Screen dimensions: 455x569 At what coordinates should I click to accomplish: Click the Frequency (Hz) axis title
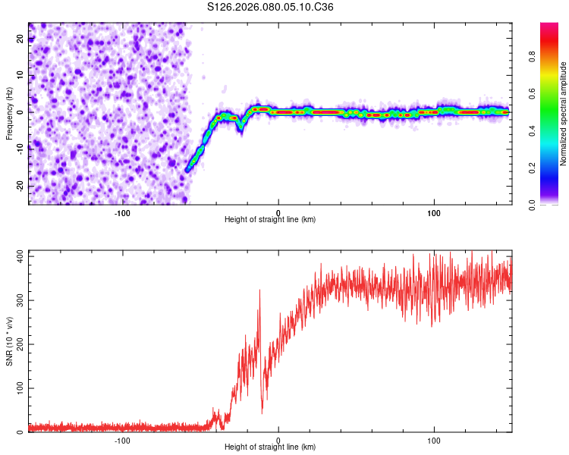point(9,113)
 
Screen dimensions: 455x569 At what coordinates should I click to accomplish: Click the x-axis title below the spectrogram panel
point(270,220)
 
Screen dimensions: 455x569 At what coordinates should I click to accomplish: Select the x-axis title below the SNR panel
point(270,448)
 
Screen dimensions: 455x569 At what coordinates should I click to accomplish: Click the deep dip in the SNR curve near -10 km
point(262,412)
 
